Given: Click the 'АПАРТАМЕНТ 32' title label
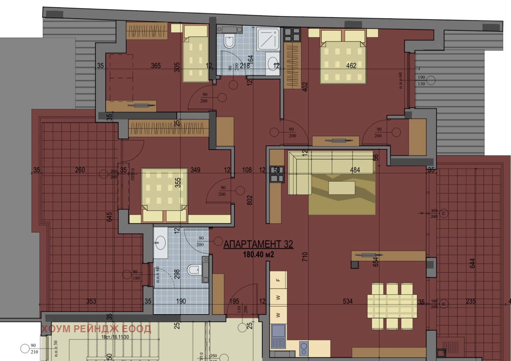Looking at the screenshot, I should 258,244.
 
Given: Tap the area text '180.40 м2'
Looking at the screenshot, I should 258,255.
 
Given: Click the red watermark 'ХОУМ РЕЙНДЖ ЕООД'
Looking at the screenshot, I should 96,329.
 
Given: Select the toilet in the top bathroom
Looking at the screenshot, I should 229,42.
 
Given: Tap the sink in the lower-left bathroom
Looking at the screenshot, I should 160,243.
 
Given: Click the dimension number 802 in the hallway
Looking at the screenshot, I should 250,200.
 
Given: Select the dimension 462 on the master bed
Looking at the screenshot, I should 351,66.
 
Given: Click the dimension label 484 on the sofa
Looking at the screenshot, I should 355,170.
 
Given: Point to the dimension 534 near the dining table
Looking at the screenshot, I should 347,301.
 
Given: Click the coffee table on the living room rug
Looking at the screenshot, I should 341,188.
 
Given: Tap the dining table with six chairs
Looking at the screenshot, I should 392,306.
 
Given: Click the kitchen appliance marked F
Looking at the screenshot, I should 278,280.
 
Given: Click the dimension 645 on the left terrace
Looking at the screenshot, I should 110,217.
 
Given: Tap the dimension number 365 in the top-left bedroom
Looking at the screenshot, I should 156,66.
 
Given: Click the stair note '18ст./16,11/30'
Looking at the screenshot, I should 115,337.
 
